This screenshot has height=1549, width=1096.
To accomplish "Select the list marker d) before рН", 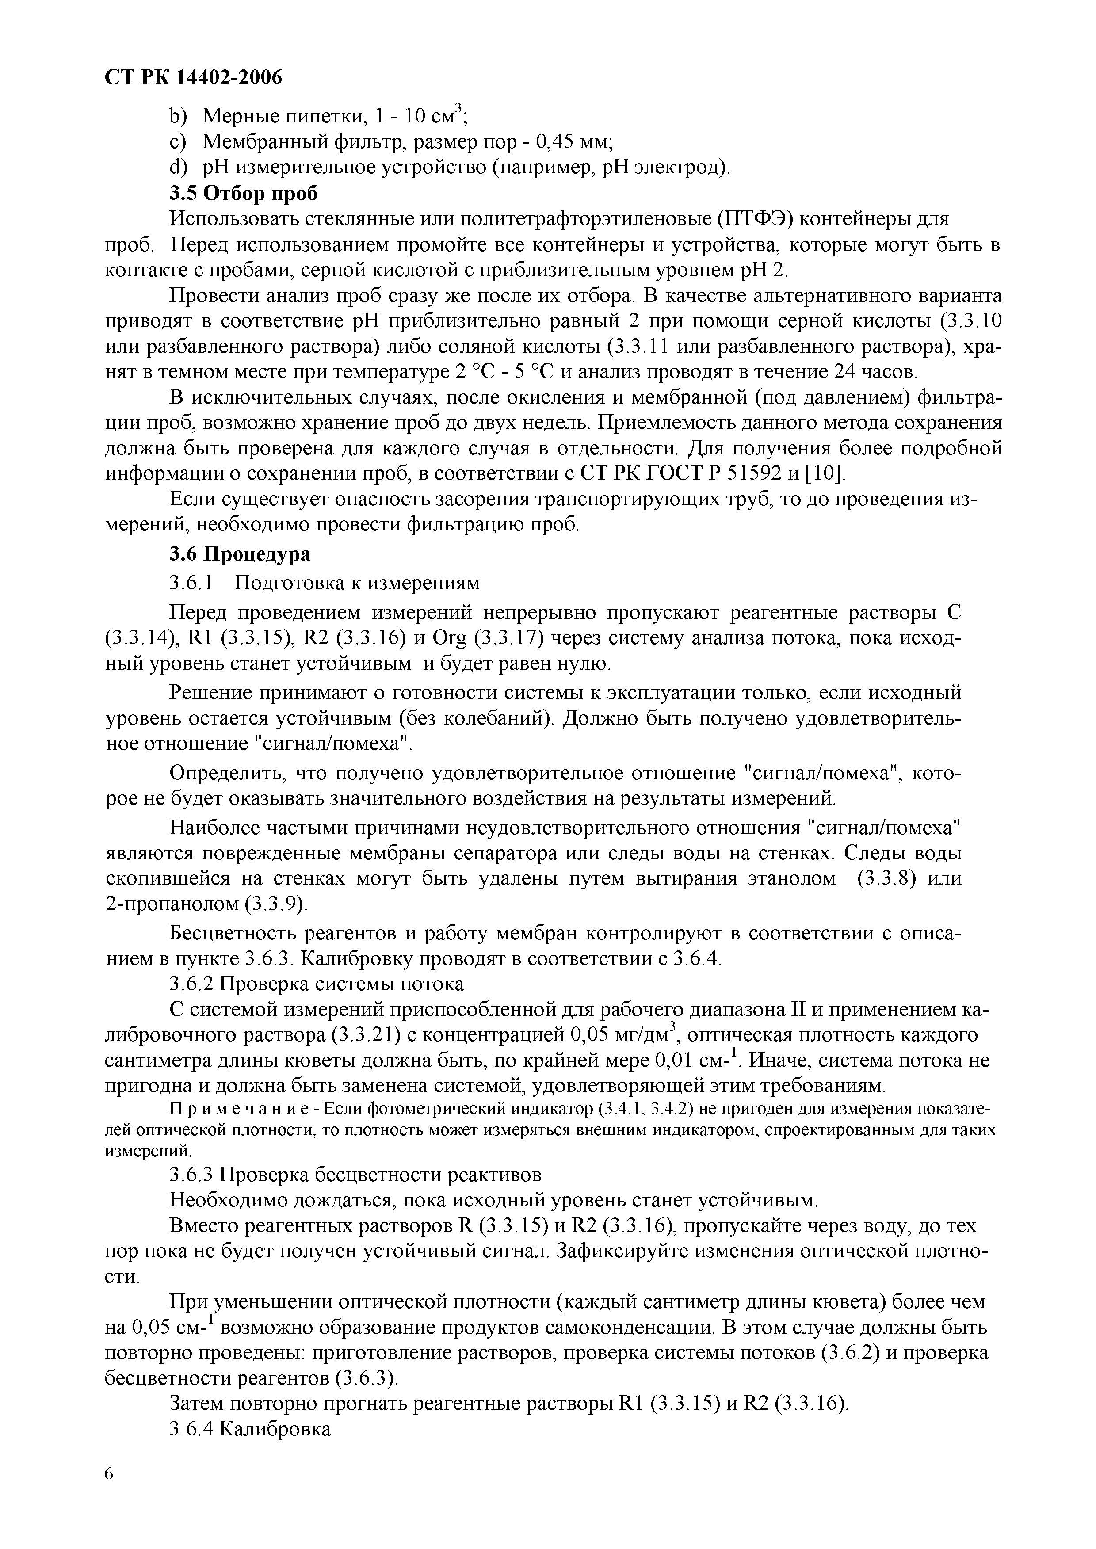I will tap(177, 167).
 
